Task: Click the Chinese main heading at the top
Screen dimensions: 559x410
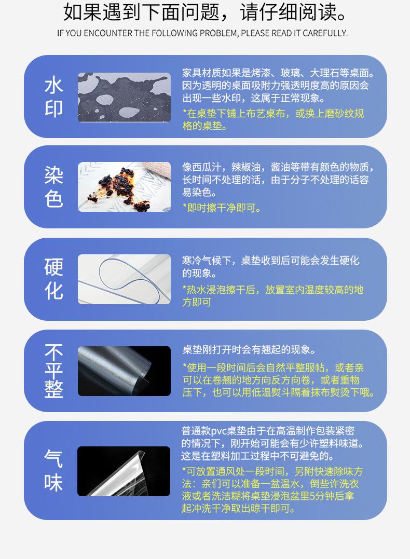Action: (x=205, y=12)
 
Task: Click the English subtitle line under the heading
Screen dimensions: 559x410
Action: (x=202, y=33)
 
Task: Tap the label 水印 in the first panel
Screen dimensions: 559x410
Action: (x=54, y=97)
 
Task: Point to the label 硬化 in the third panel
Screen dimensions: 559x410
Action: (x=54, y=279)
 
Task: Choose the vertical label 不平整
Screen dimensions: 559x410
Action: (x=54, y=371)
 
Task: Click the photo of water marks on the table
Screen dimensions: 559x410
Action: (x=124, y=97)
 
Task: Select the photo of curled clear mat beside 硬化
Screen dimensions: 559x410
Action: (x=124, y=279)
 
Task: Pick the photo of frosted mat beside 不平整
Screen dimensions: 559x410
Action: (x=124, y=371)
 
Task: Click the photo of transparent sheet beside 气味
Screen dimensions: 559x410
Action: (x=124, y=471)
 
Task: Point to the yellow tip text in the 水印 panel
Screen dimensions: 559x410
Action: (x=273, y=119)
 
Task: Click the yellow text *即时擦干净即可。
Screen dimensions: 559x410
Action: (x=222, y=208)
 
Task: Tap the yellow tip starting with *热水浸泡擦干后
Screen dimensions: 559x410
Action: (x=272, y=295)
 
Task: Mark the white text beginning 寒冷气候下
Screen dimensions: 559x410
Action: (x=270, y=266)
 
